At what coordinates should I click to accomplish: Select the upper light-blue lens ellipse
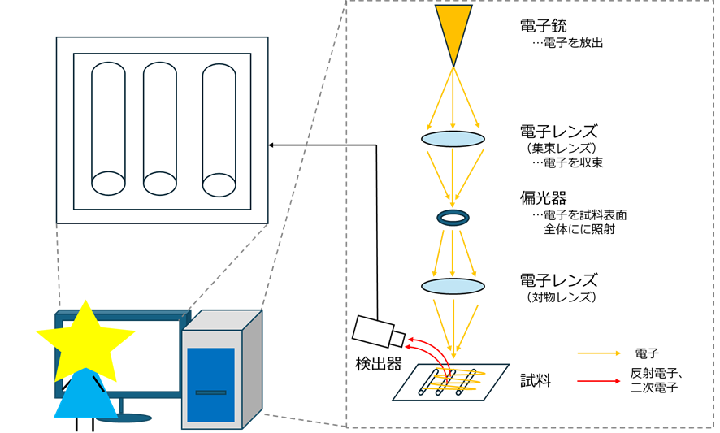[453, 139]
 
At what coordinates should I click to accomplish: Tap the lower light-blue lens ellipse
[453, 286]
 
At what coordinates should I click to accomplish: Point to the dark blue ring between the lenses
[453, 218]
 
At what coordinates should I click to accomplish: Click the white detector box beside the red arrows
[372, 330]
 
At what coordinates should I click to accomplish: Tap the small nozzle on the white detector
[397, 339]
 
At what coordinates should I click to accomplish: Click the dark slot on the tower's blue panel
[210, 392]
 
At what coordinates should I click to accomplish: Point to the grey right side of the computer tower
[252, 370]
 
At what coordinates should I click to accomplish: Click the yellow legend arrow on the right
[599, 353]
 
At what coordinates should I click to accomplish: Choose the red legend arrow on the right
[599, 381]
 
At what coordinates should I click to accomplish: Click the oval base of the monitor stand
[124, 418]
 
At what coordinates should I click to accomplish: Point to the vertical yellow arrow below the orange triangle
[453, 97]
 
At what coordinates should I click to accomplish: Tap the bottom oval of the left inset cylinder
[108, 184]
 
